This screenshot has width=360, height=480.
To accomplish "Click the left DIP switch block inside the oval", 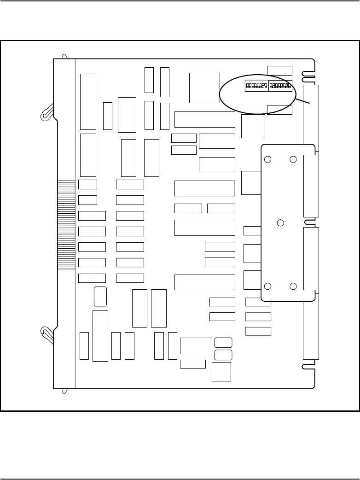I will pos(256,86).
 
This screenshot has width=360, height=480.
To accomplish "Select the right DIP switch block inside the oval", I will pos(280,86).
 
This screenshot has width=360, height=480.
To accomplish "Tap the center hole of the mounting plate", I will pos(280,223).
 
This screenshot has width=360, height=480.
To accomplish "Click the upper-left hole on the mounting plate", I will pos(267,160).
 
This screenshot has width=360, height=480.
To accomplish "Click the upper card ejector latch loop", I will pos(46,114).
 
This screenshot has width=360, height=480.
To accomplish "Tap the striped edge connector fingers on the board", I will pos(66,225).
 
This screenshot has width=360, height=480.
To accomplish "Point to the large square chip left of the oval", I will pos(204,88).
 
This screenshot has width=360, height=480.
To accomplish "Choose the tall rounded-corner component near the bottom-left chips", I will pos(100,296).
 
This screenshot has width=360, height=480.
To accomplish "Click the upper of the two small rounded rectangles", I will pos(223,342).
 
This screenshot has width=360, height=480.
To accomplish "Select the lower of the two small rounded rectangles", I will pos(223,355).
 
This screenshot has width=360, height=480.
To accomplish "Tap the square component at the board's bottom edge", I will pos(221,372).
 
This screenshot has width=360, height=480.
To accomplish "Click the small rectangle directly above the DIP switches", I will pos(279,70).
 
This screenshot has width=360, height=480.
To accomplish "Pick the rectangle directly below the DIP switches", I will pos(279,110).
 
